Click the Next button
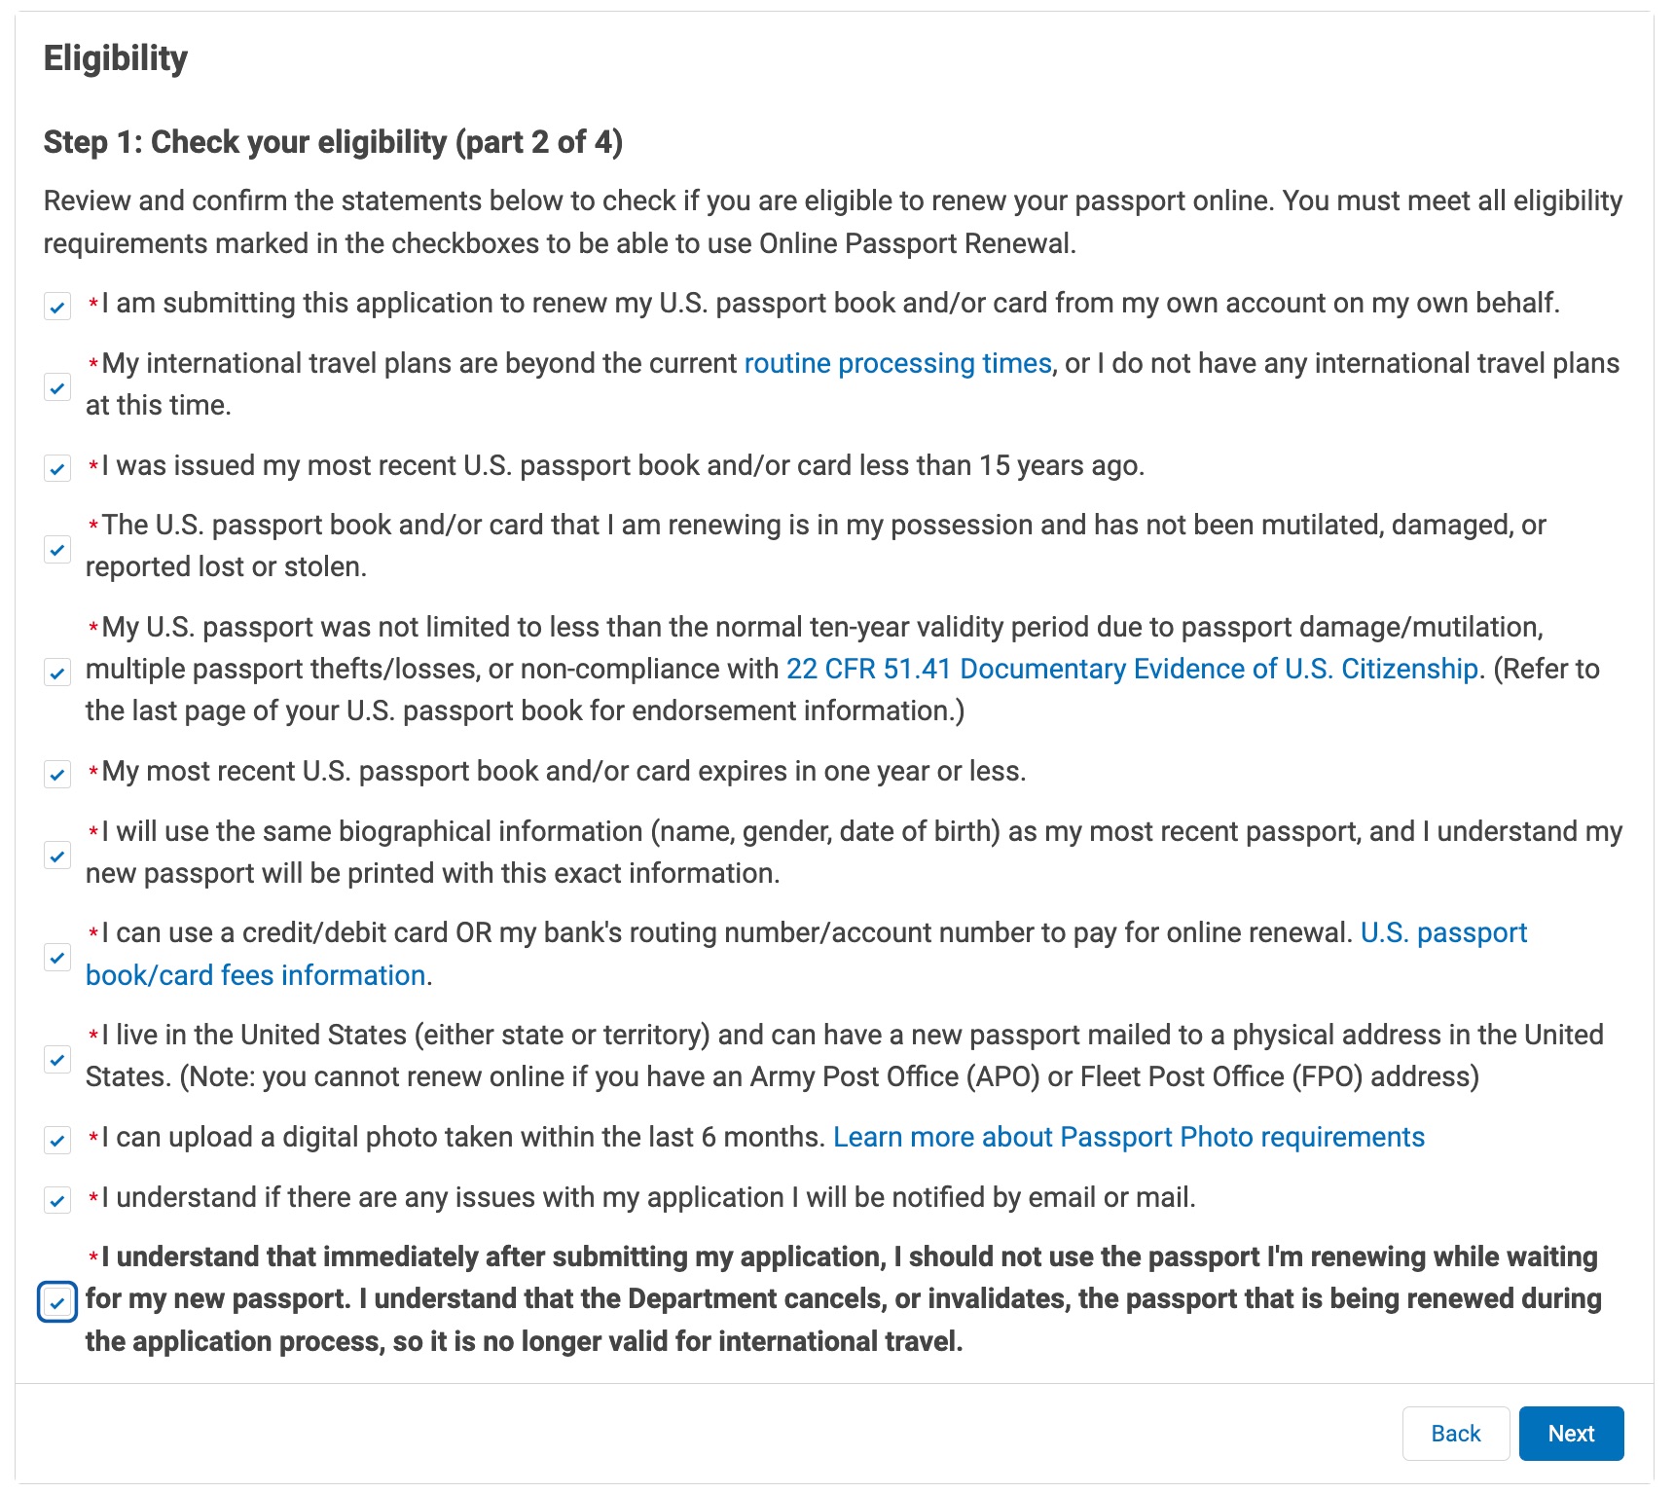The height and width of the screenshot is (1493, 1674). (1570, 1434)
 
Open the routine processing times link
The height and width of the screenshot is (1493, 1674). (897, 364)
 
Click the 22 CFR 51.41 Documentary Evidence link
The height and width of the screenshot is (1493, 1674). (1131, 670)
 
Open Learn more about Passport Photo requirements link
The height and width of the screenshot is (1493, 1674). (1128, 1138)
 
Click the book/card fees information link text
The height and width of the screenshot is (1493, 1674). (255, 975)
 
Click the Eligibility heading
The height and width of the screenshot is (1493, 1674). (116, 58)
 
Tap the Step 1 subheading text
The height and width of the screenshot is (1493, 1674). (333, 142)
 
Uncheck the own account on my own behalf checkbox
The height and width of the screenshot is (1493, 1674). (57, 308)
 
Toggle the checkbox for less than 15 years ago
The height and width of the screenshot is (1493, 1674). (57, 469)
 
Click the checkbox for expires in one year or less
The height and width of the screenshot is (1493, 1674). (57, 775)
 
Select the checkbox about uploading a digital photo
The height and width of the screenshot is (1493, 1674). (57, 1141)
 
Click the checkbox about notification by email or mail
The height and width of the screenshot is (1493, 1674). (57, 1201)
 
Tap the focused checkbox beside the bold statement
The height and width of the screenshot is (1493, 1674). (57, 1302)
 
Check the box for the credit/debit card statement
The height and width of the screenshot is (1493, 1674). (57, 958)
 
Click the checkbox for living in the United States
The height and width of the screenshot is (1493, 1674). (57, 1059)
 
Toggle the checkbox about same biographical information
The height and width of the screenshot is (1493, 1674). (57, 856)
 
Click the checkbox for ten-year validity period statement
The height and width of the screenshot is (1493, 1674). (57, 673)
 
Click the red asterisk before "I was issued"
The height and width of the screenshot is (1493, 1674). (93, 467)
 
